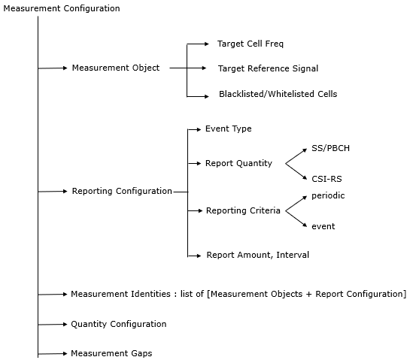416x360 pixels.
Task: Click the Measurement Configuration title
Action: (62, 9)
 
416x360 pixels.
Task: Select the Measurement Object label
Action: (116, 68)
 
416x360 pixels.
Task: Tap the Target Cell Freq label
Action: (251, 44)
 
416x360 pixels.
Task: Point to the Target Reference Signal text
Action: (268, 68)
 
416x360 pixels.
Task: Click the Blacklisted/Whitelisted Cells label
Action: (278, 94)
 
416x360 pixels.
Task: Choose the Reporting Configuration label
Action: (122, 192)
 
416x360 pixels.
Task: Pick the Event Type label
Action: (229, 129)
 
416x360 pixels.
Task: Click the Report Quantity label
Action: (238, 164)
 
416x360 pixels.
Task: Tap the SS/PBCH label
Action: (330, 148)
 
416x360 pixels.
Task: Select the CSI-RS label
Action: (326, 179)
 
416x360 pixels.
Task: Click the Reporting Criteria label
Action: (243, 210)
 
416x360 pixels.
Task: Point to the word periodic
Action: (328, 196)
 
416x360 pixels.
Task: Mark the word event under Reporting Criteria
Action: (323, 227)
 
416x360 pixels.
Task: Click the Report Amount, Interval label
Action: (258, 255)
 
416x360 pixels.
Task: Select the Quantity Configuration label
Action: (119, 324)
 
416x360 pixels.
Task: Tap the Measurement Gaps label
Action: (111, 353)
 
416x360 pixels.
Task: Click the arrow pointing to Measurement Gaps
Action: (53, 354)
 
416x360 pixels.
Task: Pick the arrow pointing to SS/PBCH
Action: (296, 156)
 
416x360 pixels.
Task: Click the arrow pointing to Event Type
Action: (194, 129)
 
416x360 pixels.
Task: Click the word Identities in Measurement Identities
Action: (150, 295)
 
